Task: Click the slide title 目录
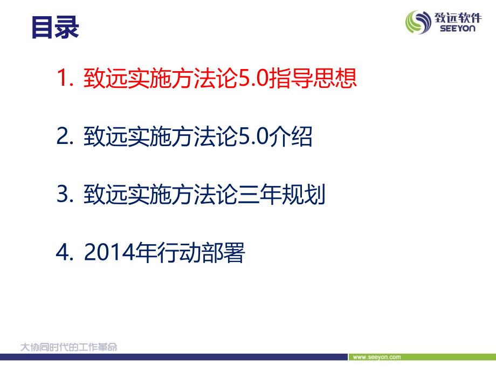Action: pyautogui.click(x=56, y=27)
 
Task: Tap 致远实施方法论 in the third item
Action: pyautogui.click(x=160, y=195)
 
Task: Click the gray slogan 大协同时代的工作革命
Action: pyautogui.click(x=68, y=347)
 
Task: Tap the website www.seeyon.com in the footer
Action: pyautogui.click(x=376, y=357)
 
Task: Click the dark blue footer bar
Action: pyautogui.click(x=173, y=356)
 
